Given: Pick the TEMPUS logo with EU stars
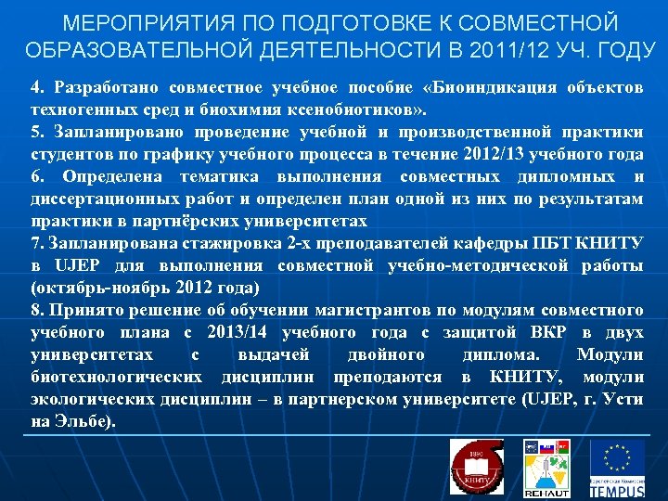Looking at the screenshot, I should [617, 467].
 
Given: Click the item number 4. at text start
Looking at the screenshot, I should [37, 88].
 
